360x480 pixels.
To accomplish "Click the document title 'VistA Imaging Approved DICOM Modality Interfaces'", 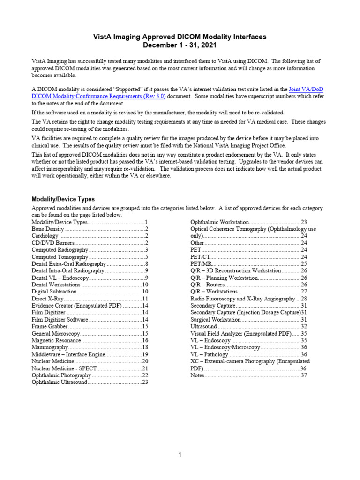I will click(x=180, y=37).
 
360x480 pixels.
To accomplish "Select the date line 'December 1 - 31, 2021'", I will click(x=180, y=45).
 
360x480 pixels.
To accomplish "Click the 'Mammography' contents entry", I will click(x=49, y=347).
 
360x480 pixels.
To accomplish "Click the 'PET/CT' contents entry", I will click(x=200, y=257).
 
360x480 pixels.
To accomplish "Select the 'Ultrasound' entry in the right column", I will click(x=203, y=326).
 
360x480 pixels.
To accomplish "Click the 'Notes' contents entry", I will click(x=198, y=375).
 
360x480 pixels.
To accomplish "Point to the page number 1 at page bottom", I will click(x=180, y=455).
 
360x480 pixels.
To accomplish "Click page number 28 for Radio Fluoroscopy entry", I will click(x=304, y=299).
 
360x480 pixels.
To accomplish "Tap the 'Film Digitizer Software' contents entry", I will click(x=60, y=319).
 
